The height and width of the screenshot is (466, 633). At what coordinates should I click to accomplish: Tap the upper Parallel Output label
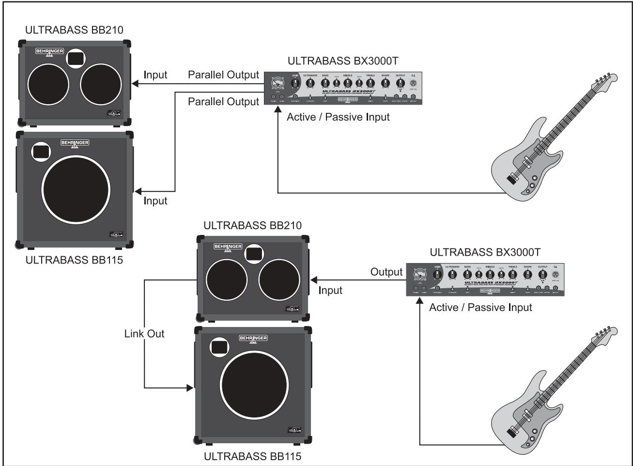click(223, 75)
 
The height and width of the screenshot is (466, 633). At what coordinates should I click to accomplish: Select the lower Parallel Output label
click(223, 102)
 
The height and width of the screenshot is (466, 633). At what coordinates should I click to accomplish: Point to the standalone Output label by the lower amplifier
click(386, 272)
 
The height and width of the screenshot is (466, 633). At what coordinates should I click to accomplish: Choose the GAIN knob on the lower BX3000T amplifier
click(438, 274)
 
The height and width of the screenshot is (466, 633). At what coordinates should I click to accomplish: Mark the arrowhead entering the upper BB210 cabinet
click(136, 84)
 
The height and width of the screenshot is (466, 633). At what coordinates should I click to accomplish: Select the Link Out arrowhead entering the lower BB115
click(190, 388)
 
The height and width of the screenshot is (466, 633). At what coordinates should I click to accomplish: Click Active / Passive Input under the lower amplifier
click(480, 307)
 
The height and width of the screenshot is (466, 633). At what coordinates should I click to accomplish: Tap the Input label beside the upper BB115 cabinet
click(155, 201)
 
